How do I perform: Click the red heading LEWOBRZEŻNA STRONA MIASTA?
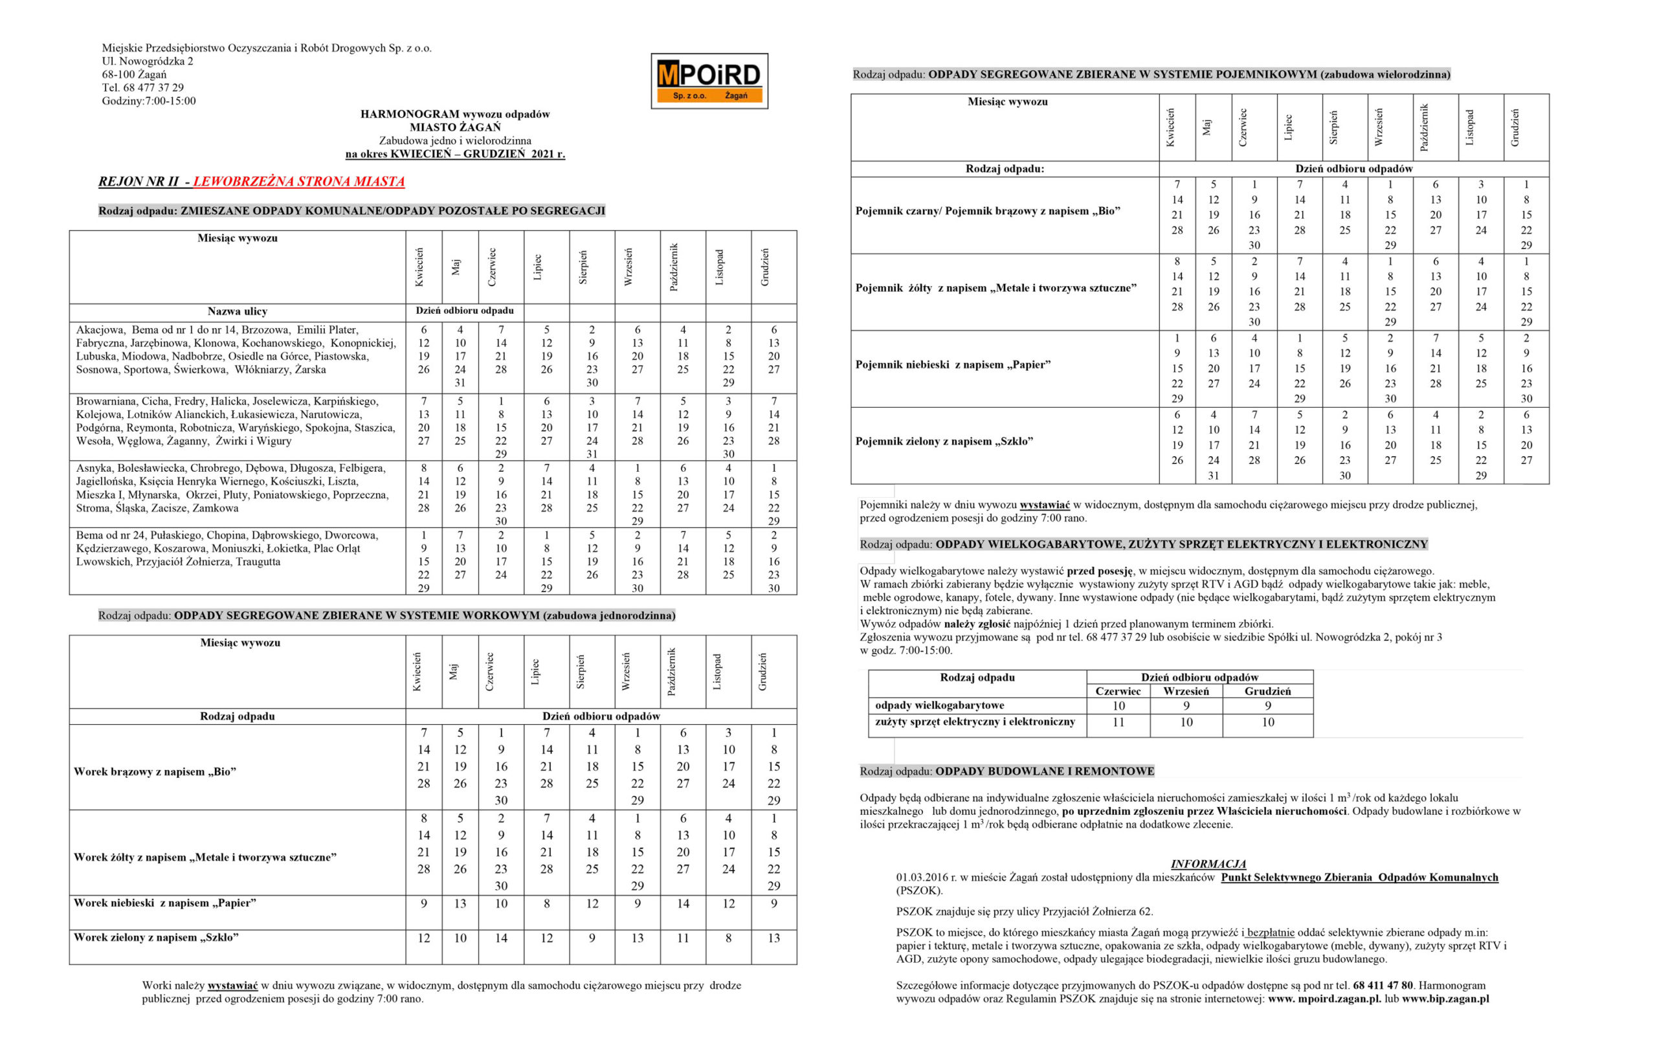click(298, 182)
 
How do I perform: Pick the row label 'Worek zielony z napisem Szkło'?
click(156, 938)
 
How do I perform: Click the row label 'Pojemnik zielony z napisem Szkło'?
click(944, 441)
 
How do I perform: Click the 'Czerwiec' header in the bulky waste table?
click(1118, 691)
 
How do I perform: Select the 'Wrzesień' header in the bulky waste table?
click(1186, 691)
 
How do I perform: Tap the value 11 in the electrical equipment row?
click(1118, 722)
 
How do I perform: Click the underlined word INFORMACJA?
click(1208, 864)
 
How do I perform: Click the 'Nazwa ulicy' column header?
click(237, 312)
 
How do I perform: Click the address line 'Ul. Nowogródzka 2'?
click(148, 61)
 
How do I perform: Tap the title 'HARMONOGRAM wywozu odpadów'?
click(455, 115)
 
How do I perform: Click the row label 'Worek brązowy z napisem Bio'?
click(155, 771)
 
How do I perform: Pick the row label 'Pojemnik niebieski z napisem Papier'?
click(953, 365)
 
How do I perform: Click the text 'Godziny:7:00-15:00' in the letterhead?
click(149, 101)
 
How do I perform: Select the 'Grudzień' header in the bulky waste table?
click(1267, 691)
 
